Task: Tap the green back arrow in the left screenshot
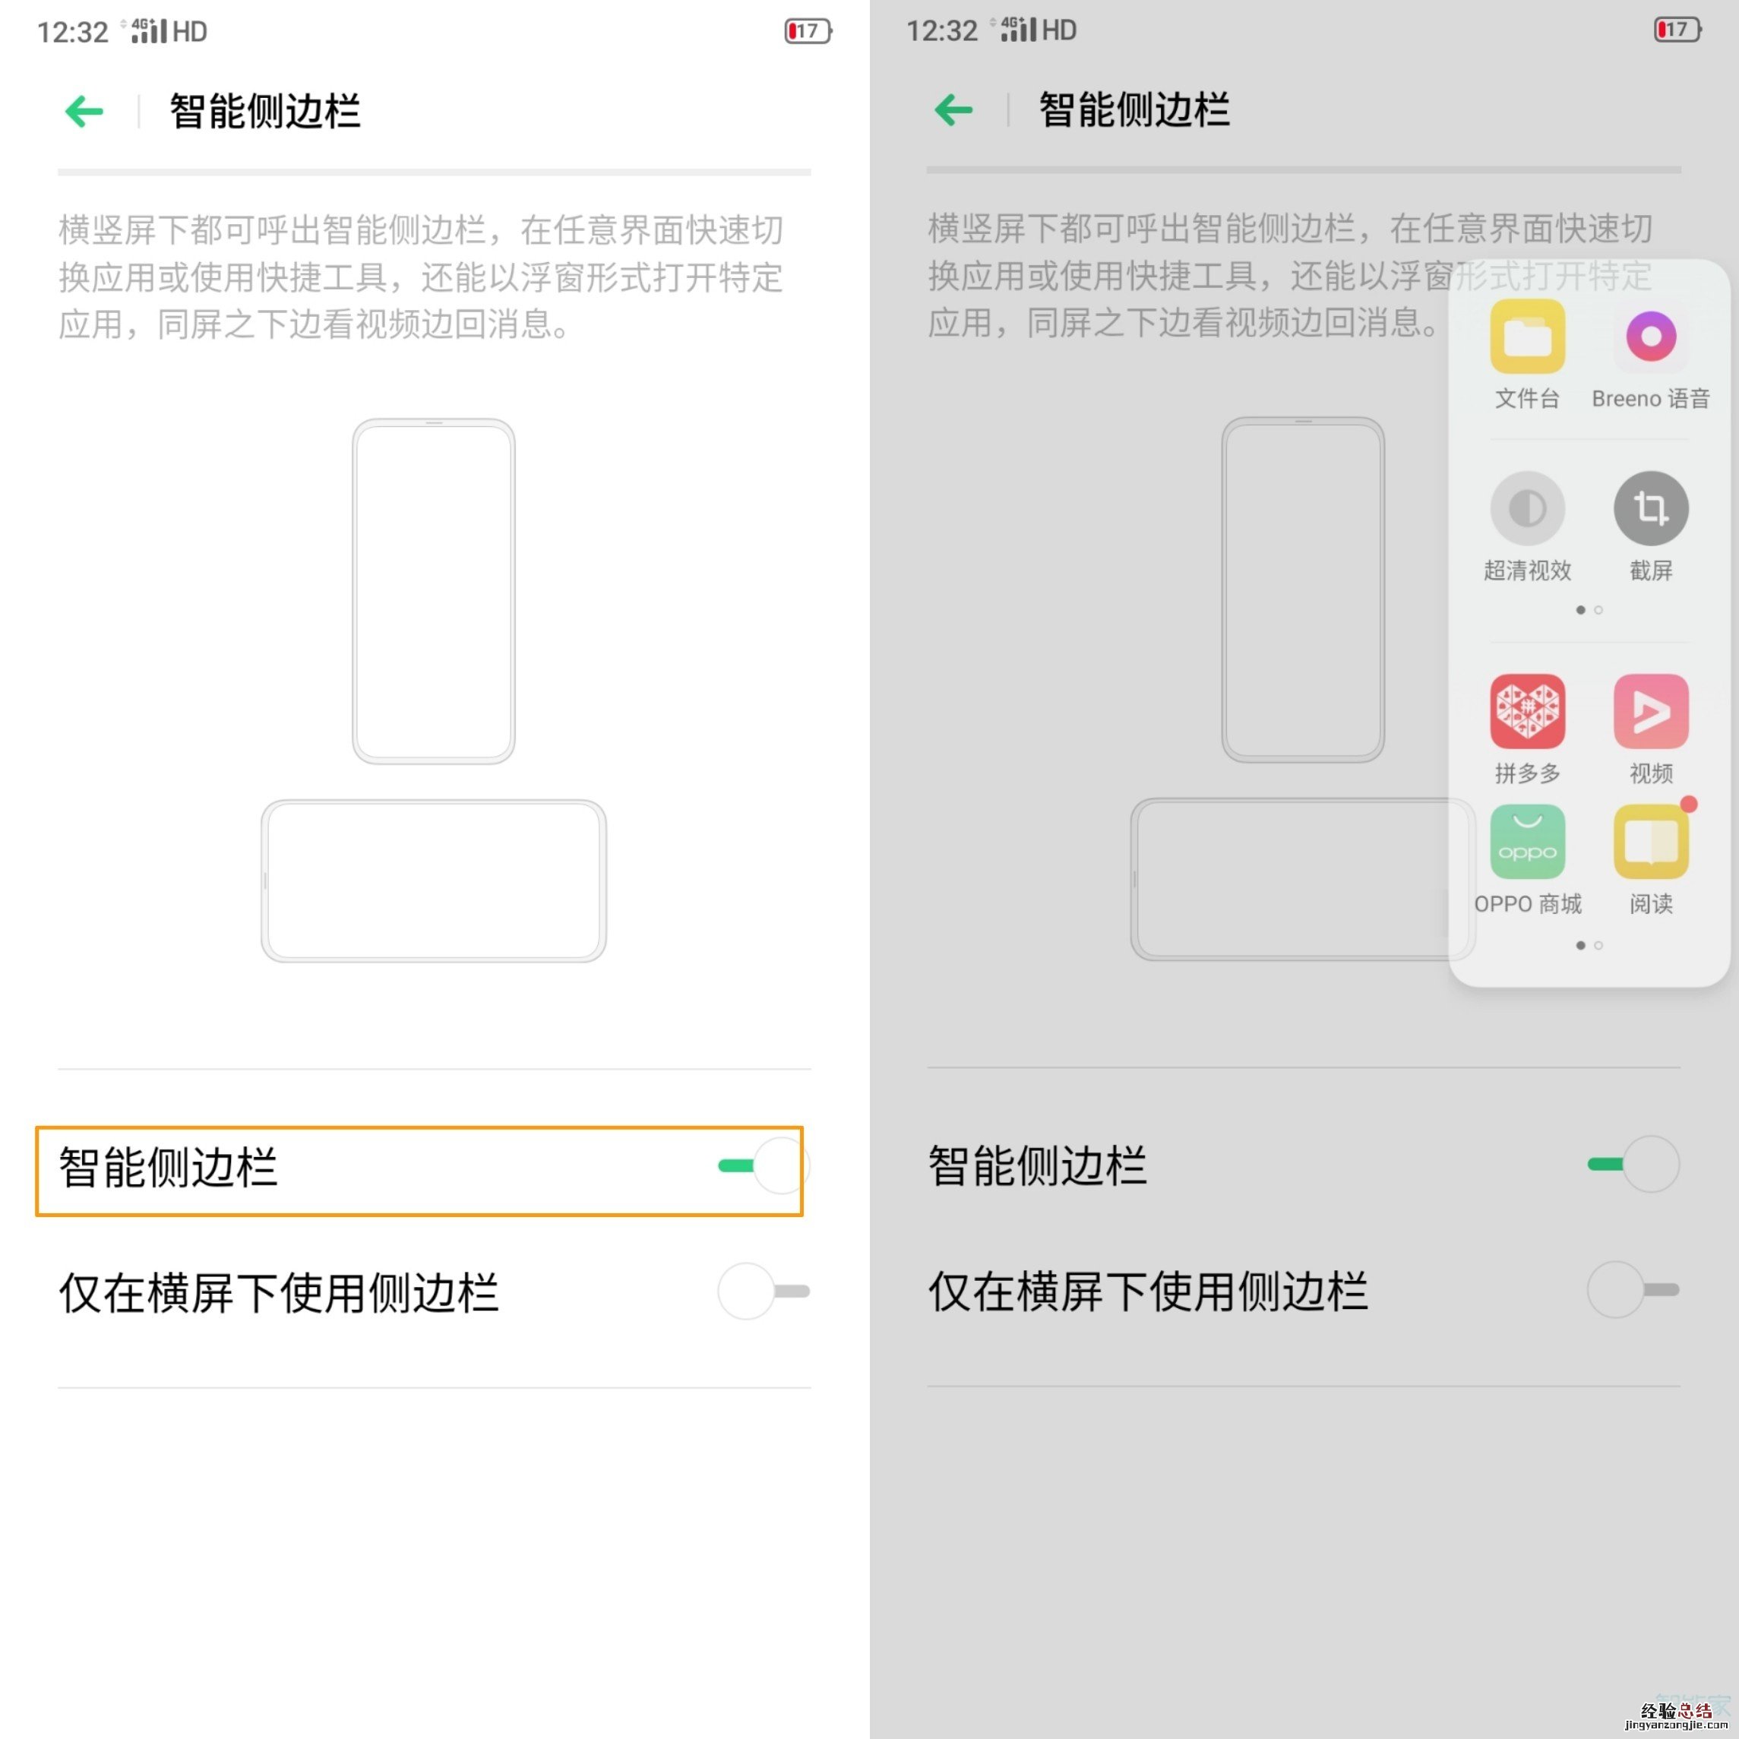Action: (84, 112)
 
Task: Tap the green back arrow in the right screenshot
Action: (954, 110)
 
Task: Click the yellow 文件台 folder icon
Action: (1528, 337)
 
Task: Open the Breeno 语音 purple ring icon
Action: (1651, 337)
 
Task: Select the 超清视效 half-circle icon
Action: (1528, 508)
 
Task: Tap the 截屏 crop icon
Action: (1651, 508)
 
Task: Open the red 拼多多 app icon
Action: (1528, 711)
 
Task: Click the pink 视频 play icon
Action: (1651, 711)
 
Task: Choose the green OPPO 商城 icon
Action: (1528, 842)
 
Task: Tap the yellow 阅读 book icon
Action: (1651, 842)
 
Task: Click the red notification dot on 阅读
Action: (1689, 804)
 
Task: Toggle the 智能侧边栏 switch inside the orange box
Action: (764, 1165)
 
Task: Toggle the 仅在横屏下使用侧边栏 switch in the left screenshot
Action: (764, 1291)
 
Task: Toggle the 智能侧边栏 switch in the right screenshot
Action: (1633, 1164)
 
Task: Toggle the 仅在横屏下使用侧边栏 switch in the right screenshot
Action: (1633, 1289)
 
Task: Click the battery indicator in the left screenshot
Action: (808, 31)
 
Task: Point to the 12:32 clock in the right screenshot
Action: (941, 30)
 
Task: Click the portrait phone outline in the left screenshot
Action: (434, 590)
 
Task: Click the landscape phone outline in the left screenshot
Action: (434, 881)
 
